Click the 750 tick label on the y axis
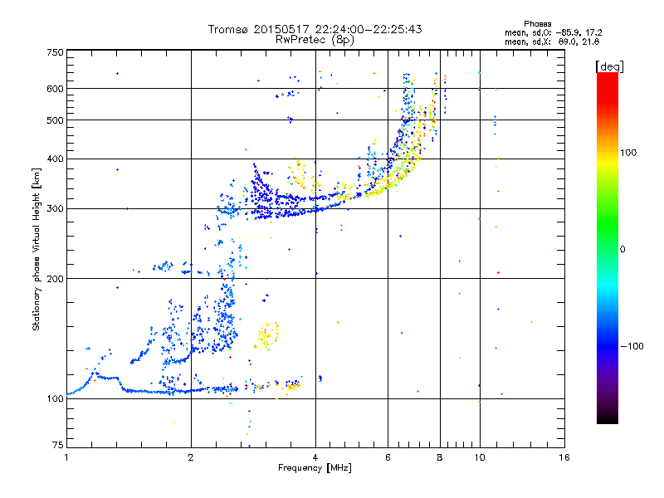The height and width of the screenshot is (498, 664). point(55,51)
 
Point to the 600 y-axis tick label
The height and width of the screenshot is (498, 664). point(55,89)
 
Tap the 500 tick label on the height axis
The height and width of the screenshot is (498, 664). point(55,120)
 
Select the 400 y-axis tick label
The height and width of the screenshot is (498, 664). point(55,159)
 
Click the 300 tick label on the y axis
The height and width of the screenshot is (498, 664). point(55,208)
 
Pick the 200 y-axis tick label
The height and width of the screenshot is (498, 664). point(55,279)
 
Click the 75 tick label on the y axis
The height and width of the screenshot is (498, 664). point(57,447)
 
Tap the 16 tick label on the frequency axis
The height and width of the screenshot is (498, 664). point(564,457)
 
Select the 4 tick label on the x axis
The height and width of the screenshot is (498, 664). point(315,457)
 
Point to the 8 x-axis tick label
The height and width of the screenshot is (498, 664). point(440,457)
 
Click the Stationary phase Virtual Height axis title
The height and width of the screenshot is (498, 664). point(37,249)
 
